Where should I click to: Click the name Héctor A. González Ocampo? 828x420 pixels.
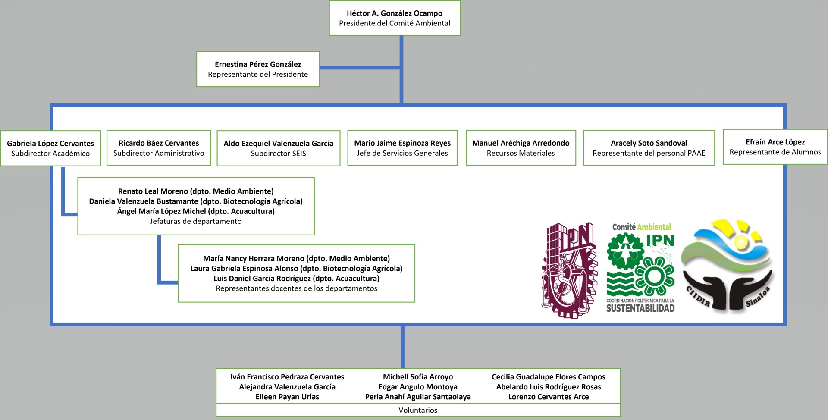pos(394,13)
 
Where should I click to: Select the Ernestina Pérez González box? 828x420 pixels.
pos(258,69)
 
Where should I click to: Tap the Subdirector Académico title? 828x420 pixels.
pos(50,154)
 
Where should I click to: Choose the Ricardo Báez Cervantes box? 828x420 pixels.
pos(159,148)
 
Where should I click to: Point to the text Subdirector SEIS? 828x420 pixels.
pos(278,154)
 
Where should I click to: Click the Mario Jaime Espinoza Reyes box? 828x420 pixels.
pos(402,148)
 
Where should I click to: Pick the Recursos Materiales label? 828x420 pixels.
pos(521,153)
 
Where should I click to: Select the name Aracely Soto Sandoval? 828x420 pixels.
pos(649,143)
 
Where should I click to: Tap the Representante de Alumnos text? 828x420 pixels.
pos(775,152)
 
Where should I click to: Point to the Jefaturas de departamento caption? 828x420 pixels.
pos(196,221)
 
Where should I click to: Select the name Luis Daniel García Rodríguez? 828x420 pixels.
pos(263,279)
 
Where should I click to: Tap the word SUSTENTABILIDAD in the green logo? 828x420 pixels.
pos(640,308)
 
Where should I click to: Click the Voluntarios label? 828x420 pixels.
pos(417,410)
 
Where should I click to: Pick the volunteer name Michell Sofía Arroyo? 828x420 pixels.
pos(417,377)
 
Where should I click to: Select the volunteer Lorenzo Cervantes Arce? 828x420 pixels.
pos(548,397)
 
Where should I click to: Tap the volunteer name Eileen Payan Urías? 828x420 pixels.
pos(287,397)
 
